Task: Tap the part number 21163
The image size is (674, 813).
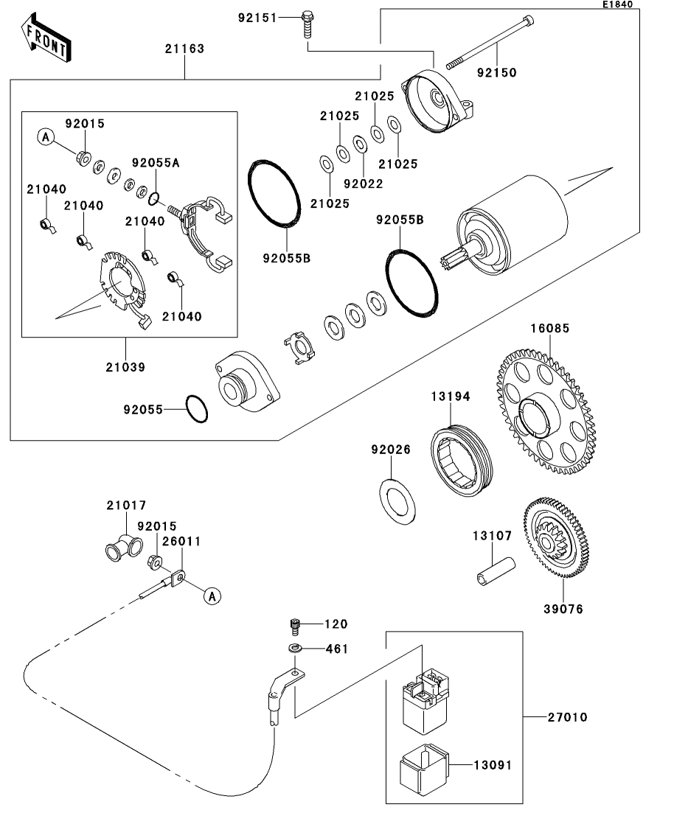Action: click(184, 49)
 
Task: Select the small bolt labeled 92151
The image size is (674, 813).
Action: click(308, 24)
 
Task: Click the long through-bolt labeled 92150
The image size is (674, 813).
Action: click(490, 43)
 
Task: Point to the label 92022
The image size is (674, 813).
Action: click(364, 184)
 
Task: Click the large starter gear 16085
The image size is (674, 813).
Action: click(546, 411)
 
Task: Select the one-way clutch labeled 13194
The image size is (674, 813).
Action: click(462, 461)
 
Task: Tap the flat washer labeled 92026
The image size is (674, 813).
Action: click(397, 501)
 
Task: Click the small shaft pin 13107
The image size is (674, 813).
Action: click(496, 571)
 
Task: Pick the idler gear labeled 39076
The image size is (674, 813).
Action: click(556, 538)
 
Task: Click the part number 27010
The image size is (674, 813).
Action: click(568, 717)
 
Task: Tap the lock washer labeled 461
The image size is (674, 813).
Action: click(295, 648)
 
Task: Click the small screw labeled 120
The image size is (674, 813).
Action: click(295, 626)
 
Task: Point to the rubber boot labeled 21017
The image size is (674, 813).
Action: click(123, 547)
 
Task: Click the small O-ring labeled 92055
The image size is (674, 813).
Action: click(197, 409)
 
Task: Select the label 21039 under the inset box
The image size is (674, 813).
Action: click(125, 367)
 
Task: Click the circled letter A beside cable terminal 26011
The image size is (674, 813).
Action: click(212, 596)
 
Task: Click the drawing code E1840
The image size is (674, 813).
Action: click(617, 4)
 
